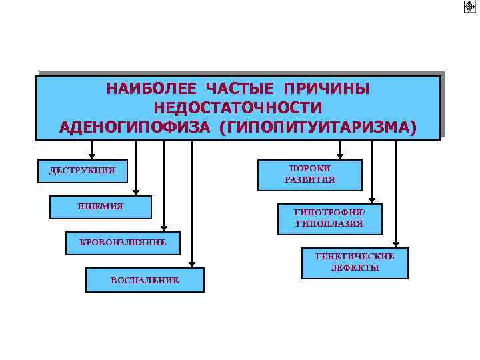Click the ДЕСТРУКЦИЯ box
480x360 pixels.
(82, 171)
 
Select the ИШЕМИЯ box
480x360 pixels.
(101, 207)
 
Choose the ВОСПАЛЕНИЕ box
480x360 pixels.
(145, 280)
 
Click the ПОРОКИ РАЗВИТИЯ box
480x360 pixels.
(310, 175)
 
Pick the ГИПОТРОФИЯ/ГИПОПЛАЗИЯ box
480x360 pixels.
(329, 218)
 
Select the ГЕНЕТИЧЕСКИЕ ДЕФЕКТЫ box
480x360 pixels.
(355, 262)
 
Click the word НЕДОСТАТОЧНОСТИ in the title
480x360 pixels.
(238, 108)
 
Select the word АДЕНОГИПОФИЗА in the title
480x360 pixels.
(135, 127)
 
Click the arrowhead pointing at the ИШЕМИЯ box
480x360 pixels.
(136, 191)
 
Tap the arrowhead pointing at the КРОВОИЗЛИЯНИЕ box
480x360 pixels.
(164, 228)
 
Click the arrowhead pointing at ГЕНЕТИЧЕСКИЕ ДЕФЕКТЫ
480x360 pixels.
(397, 243)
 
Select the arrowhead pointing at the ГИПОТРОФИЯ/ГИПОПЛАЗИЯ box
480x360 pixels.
(372, 200)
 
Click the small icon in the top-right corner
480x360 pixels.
(470, 7)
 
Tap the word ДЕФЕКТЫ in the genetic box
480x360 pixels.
(355, 268)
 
